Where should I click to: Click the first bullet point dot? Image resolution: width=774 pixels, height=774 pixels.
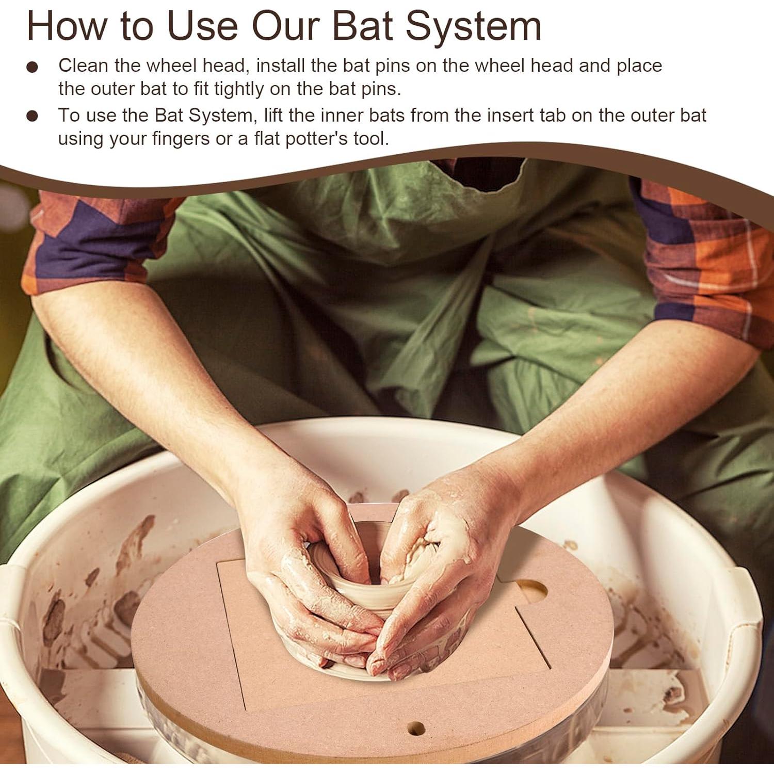coord(33,68)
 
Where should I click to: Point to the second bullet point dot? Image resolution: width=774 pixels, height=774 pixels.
coord(33,117)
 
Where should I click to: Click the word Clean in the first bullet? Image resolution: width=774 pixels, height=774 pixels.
coord(83,66)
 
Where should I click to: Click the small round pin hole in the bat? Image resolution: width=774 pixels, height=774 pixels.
coord(416,729)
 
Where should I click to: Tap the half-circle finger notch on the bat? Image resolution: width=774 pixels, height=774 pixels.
coord(533,591)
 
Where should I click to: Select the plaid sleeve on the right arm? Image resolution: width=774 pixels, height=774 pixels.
coord(707,258)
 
